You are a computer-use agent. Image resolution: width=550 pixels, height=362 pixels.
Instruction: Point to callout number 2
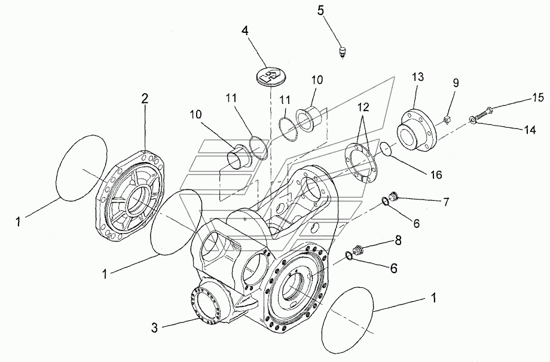(x=144, y=100)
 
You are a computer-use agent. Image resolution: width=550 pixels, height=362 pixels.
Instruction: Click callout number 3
(x=154, y=327)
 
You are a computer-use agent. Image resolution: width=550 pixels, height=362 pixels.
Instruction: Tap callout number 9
(x=455, y=82)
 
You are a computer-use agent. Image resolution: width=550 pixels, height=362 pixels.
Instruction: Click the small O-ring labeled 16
(x=386, y=148)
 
